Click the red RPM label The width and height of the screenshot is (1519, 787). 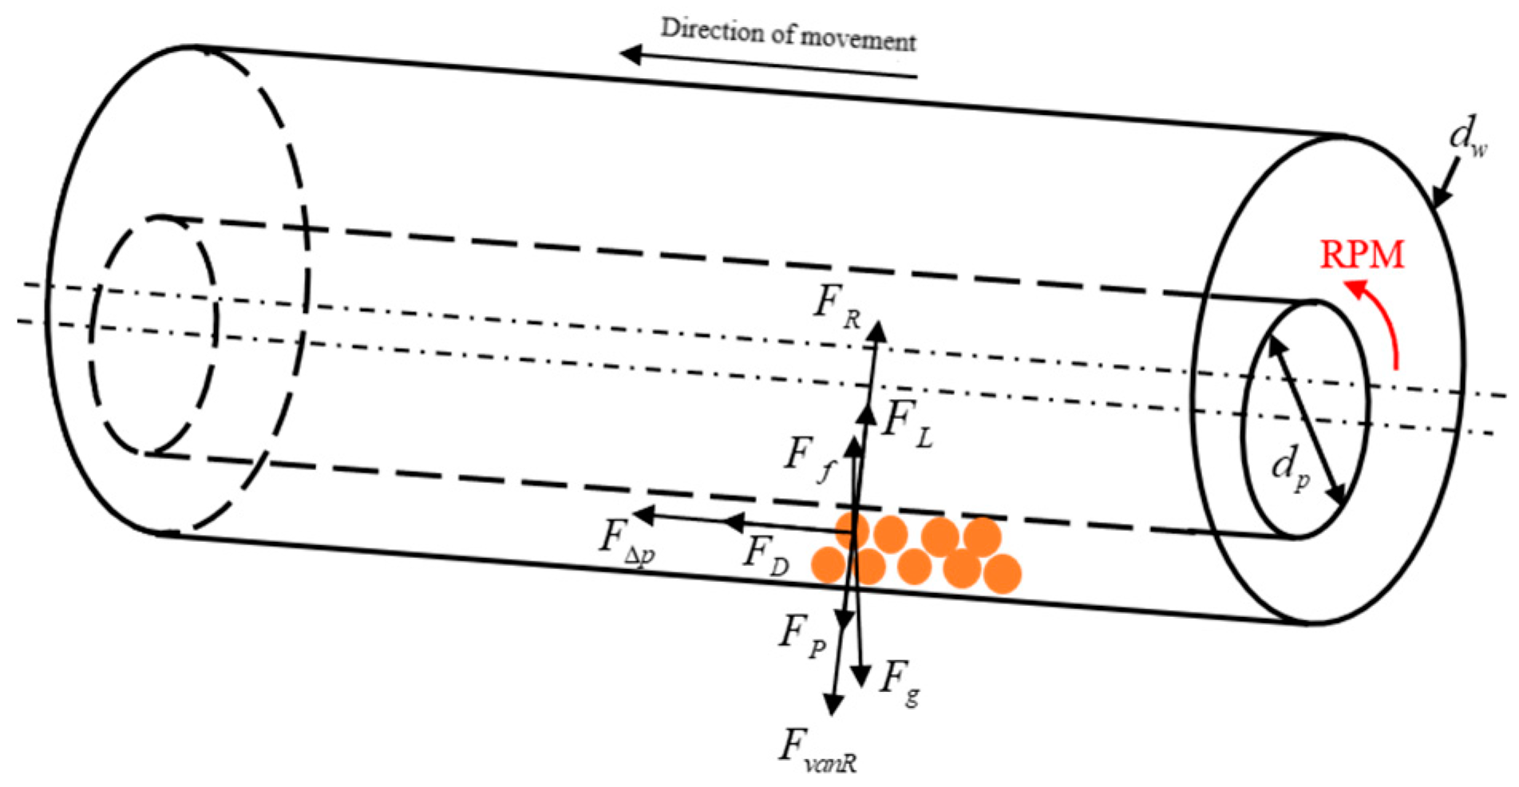(1361, 255)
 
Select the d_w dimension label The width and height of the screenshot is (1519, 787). (1466, 138)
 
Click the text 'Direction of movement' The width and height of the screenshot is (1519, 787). (788, 34)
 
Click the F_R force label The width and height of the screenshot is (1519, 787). (837, 306)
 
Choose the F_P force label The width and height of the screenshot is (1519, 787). (801, 636)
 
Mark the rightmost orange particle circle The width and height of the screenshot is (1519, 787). (1003, 574)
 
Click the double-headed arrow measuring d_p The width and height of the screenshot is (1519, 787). (1307, 421)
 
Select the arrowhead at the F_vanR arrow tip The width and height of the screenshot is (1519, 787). (833, 706)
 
